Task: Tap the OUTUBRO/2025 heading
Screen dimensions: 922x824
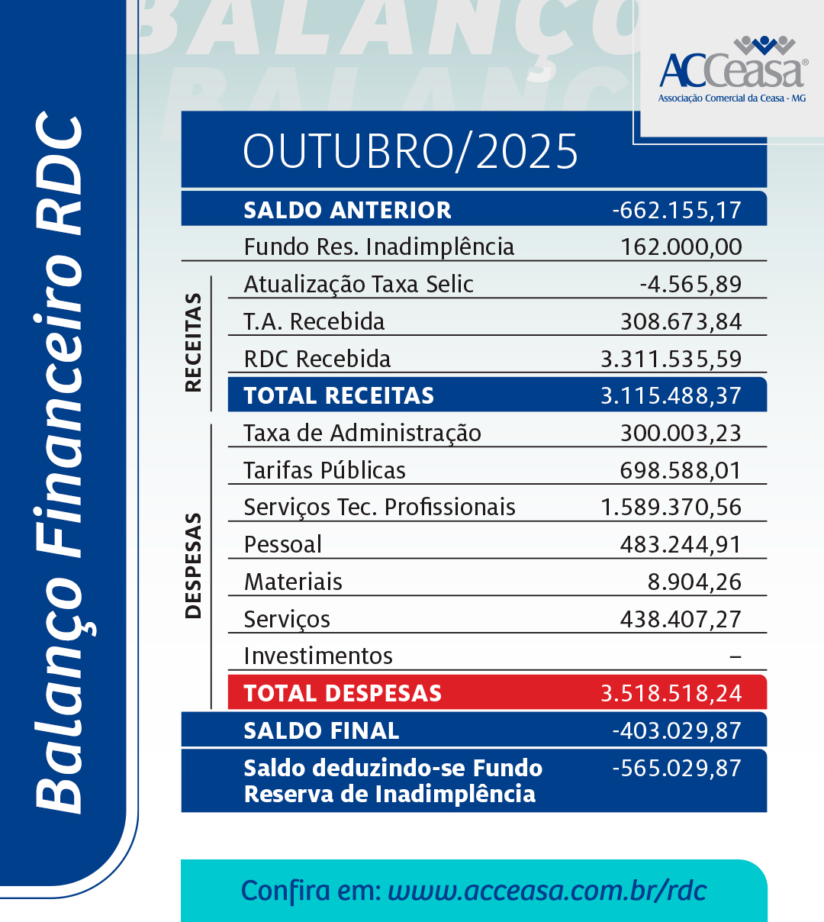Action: [x=410, y=151]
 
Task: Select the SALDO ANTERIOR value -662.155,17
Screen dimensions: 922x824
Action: [x=677, y=210]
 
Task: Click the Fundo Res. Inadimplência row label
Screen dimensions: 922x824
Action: [x=378, y=247]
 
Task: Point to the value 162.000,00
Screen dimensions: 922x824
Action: [x=681, y=247]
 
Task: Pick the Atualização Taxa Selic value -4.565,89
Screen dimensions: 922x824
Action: [x=690, y=284]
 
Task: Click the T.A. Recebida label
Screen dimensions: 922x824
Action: [x=314, y=321]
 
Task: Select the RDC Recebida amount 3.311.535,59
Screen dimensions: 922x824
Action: [x=671, y=359]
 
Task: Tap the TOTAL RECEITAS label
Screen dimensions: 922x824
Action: [x=339, y=395]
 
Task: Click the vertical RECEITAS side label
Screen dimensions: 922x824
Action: [x=194, y=342]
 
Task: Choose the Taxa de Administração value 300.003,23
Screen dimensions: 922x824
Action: [x=681, y=433]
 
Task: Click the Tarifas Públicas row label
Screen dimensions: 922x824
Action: [x=324, y=470]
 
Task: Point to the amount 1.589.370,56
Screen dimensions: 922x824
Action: [x=671, y=507]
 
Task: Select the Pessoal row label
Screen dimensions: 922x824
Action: [x=282, y=544]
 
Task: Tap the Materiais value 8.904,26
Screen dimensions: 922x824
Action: [x=694, y=582]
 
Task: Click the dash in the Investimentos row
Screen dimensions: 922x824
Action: [x=735, y=656]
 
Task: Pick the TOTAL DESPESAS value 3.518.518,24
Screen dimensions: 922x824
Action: [x=671, y=693]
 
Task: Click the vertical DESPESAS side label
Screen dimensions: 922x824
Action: [x=194, y=565]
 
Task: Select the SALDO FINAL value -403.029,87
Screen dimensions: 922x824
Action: [x=677, y=730]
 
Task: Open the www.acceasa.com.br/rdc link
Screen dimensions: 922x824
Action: [x=547, y=891]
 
